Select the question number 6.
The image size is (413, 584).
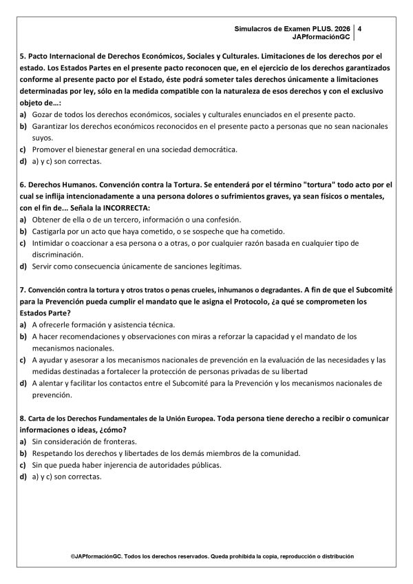point(23,186)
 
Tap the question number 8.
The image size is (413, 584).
point(23,419)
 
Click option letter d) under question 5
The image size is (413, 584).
point(23,162)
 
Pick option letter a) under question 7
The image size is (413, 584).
point(23,324)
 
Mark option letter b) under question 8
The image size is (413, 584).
point(23,453)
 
